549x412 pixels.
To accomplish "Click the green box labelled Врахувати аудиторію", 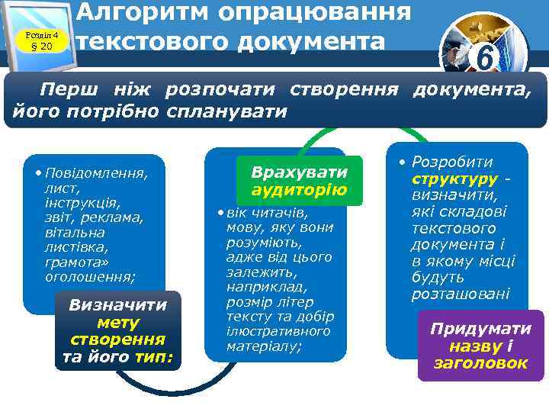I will coord(299,181).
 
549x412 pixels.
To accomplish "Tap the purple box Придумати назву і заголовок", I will coord(480,346).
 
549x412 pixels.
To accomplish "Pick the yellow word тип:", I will coord(154,357).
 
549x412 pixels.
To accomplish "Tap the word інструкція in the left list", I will coord(82,204).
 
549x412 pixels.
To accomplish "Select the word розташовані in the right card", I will coord(461,295).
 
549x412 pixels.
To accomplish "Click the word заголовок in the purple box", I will coord(480,363).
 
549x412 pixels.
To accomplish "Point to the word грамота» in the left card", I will coord(73,262).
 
